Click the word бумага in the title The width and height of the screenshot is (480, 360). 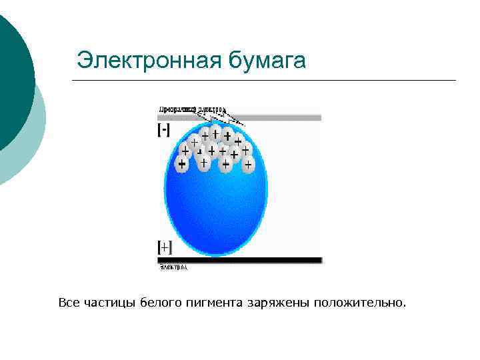(x=267, y=61)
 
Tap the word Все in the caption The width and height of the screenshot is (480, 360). (x=69, y=303)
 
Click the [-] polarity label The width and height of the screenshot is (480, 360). (x=163, y=131)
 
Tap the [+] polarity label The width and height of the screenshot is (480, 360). (x=164, y=247)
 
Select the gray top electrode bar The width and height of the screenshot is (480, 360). (x=280, y=117)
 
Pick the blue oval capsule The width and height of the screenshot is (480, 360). (x=215, y=207)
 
